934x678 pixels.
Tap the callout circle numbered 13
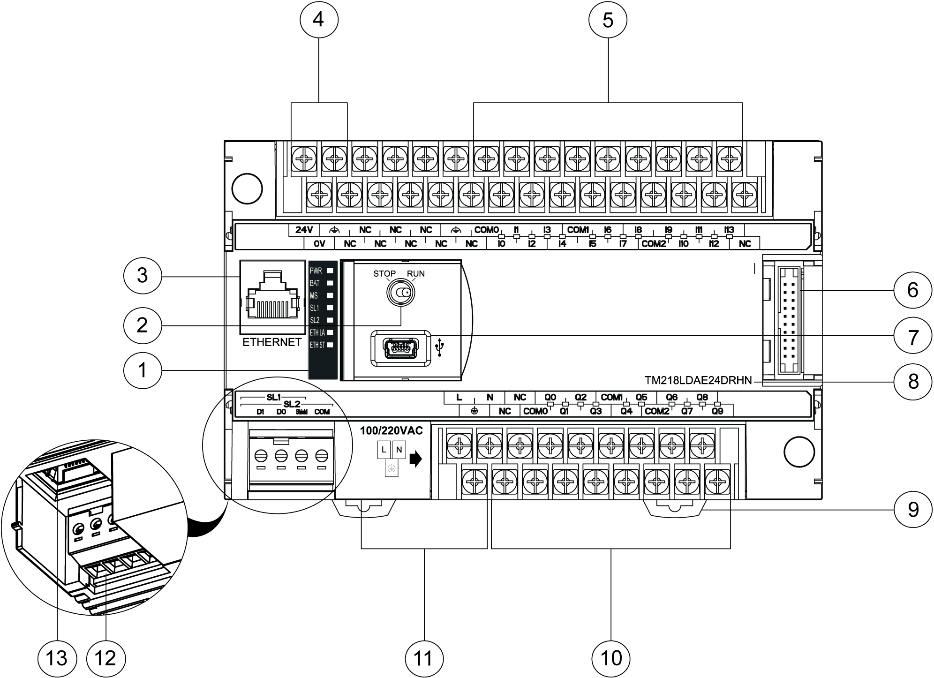coord(57,658)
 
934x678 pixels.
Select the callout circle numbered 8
coord(912,381)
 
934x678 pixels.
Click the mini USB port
coord(400,348)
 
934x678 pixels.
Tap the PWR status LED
coord(330,271)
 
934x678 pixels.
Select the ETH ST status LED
coord(330,345)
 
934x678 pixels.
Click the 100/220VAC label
coord(391,430)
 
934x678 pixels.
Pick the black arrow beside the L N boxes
coord(415,459)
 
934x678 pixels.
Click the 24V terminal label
coord(304,230)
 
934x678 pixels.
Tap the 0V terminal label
coord(319,244)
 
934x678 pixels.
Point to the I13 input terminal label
coord(729,230)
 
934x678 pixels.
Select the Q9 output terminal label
coord(717,411)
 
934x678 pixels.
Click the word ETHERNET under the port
coord(272,342)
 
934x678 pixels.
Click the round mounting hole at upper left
coord(247,188)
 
